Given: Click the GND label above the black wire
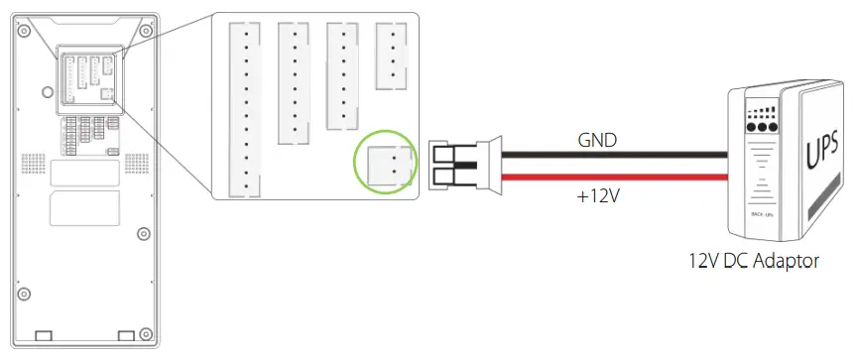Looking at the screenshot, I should (597, 141).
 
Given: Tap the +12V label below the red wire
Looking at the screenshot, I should (597, 196).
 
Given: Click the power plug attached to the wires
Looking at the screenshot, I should (455, 165).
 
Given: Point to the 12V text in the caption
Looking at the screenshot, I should (705, 262).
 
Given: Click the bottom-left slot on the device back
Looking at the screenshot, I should (43, 335).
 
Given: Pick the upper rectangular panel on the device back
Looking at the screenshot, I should (84, 173).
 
